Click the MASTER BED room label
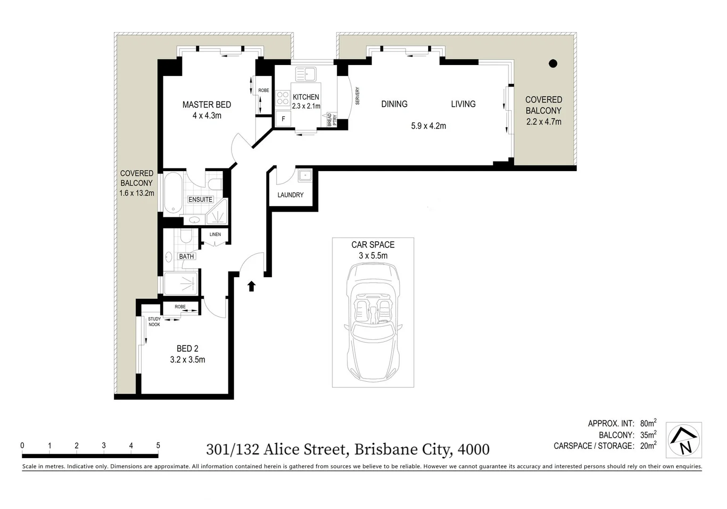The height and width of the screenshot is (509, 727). coord(207,105)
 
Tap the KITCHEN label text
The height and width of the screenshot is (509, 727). coord(306,97)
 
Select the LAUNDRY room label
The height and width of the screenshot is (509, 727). coord(290,195)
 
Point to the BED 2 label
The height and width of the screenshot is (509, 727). coord(187,349)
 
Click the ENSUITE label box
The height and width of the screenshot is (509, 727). coord(200,199)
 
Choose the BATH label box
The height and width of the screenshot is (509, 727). coord(186,256)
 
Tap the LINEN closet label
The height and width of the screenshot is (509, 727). coord(215,234)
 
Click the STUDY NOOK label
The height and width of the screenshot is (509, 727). coord(154,321)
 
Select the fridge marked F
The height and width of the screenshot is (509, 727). coord(283,119)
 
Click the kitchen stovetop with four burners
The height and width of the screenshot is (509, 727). coord(282,98)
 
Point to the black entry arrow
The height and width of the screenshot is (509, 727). coord(251,286)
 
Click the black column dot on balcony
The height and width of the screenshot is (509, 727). coord(553,64)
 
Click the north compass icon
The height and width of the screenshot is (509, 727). coord(684,440)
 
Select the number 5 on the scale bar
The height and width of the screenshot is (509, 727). coord(158,445)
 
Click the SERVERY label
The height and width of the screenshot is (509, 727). coord(357,96)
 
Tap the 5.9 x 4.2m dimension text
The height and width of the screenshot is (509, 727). coord(428,126)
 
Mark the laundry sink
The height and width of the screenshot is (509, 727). coord(305,175)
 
